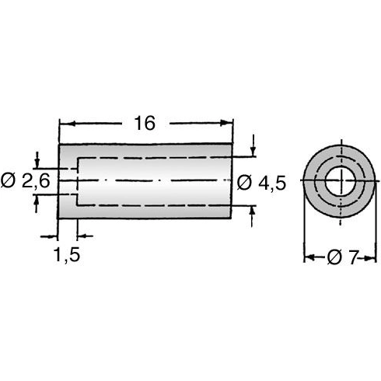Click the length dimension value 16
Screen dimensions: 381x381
tap(145, 123)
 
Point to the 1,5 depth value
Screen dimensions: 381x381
tap(68, 253)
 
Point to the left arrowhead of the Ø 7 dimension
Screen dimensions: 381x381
tap(308, 257)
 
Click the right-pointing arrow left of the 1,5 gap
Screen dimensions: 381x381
tap(53, 234)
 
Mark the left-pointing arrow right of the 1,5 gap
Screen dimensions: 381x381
tap(82, 234)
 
